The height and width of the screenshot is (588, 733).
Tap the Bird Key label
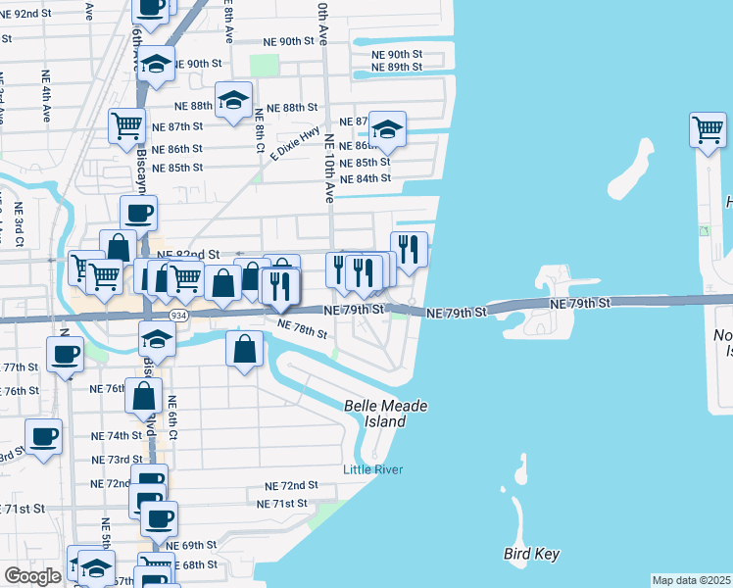click(531, 555)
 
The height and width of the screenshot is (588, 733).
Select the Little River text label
click(372, 469)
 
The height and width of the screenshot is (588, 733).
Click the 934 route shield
click(177, 315)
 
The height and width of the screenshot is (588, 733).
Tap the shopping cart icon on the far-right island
click(708, 128)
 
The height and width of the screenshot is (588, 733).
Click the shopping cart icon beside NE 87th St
click(126, 125)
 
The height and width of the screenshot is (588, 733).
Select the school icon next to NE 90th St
click(156, 64)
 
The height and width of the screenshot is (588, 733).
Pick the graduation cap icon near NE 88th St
click(234, 100)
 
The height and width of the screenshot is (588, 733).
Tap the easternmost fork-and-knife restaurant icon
click(409, 249)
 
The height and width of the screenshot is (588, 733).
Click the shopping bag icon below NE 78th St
click(244, 347)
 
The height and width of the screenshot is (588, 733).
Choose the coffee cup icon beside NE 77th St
click(66, 354)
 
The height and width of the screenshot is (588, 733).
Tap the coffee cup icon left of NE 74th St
click(43, 436)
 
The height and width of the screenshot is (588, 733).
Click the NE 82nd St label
click(186, 253)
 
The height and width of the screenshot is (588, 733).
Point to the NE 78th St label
click(302, 328)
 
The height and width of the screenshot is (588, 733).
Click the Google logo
click(32, 576)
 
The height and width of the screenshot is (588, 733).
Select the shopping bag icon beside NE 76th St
click(144, 396)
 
